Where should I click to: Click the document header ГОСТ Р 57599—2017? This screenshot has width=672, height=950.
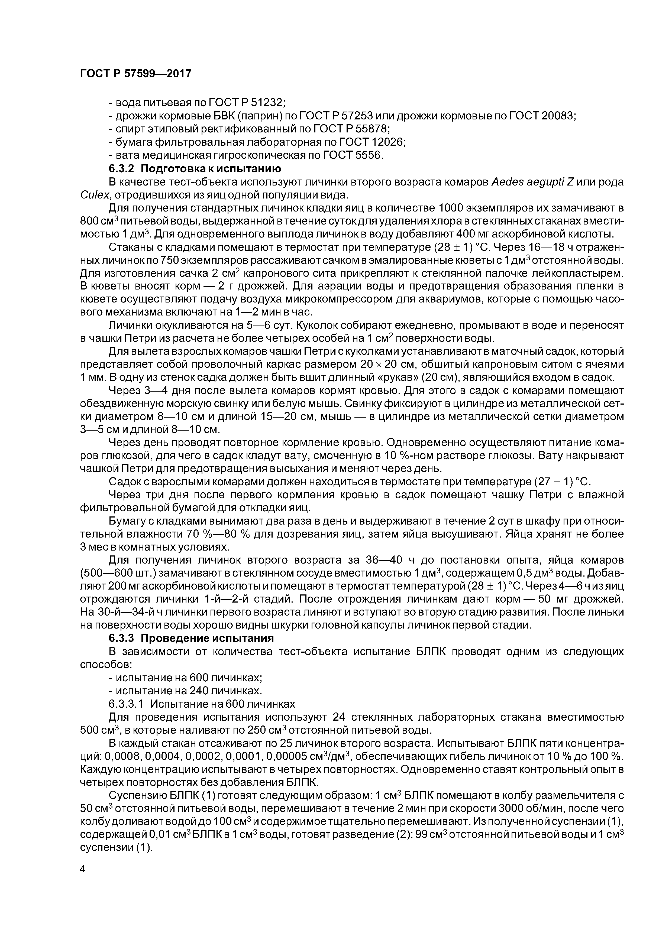point(135,74)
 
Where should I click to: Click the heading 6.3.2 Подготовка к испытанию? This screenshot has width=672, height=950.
point(195,168)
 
